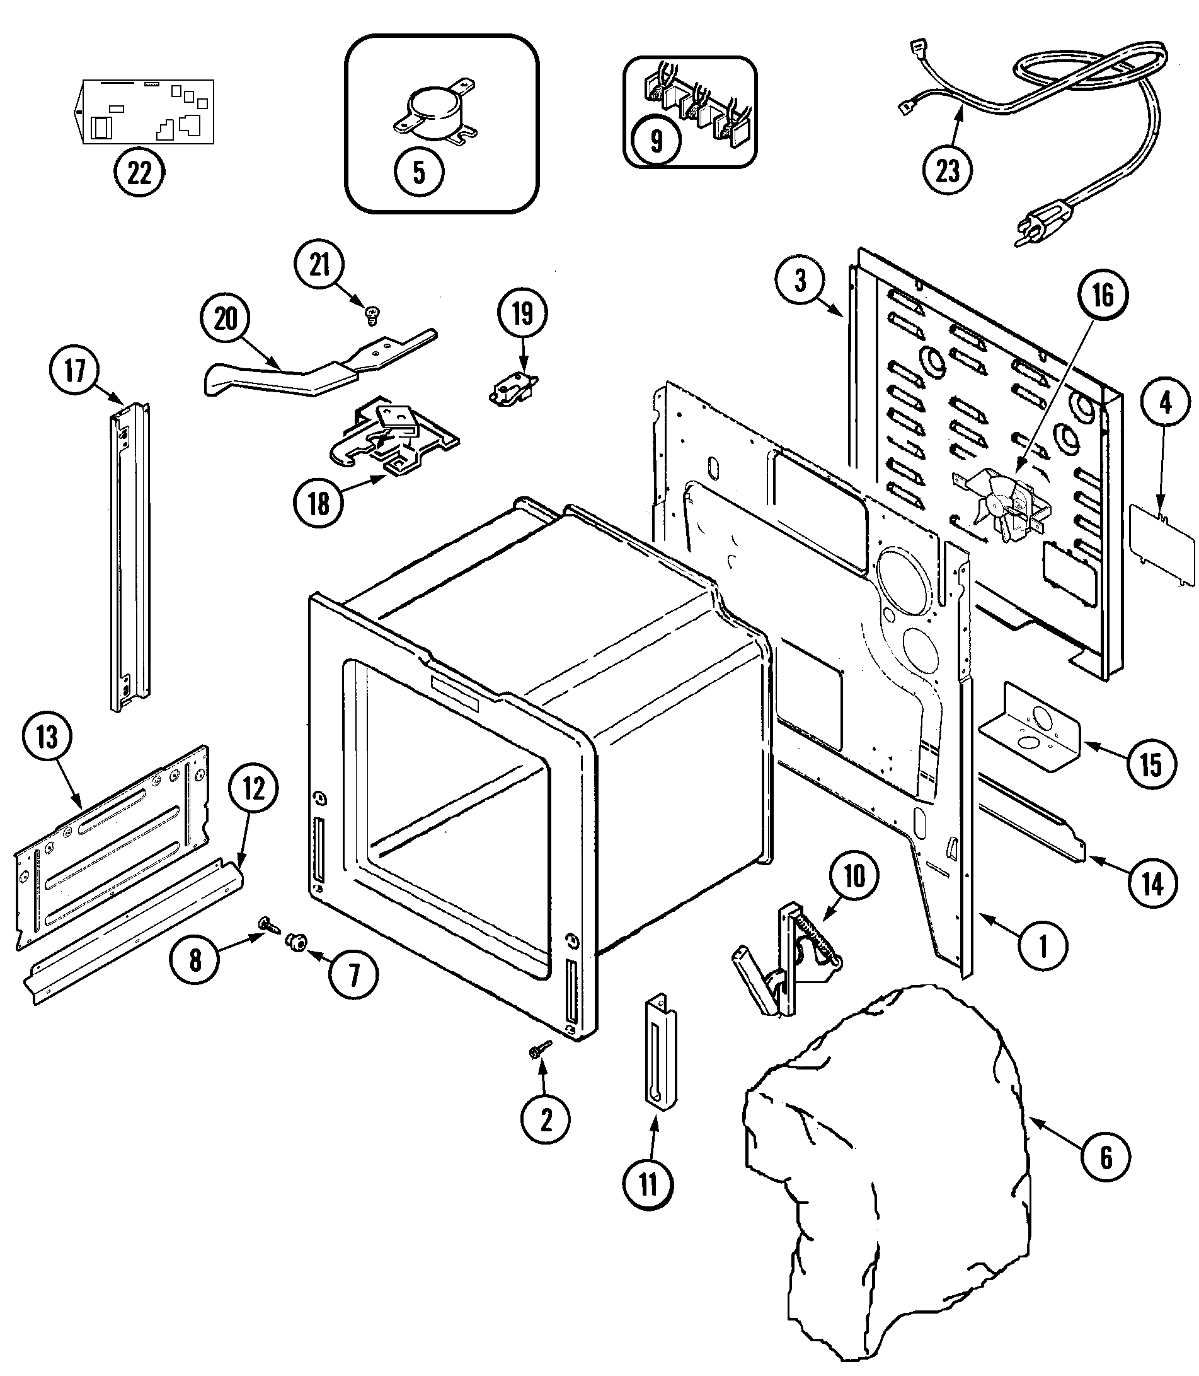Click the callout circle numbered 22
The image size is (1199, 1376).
[139, 173]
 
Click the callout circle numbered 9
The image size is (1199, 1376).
[657, 141]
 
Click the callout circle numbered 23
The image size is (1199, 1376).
[947, 171]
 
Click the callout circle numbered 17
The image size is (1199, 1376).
[75, 370]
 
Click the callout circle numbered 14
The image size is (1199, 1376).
[1152, 884]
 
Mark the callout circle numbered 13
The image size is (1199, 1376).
[47, 738]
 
